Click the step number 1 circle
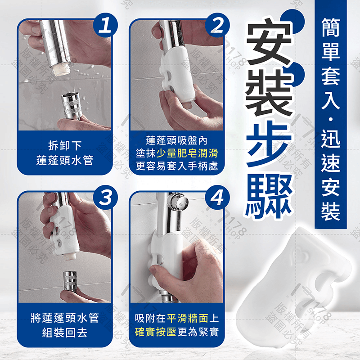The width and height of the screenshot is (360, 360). pyautogui.click(x=105, y=27)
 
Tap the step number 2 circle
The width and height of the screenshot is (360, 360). pyautogui.click(x=216, y=27)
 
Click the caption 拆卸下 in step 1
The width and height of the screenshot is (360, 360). pyautogui.click(x=65, y=146)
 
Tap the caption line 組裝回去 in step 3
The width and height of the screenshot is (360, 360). pyautogui.click(x=65, y=333)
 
